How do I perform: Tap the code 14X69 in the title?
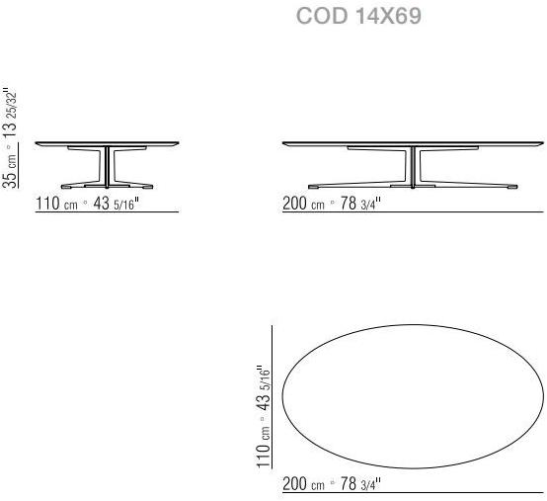click(387, 18)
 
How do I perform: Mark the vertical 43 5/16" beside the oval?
click(264, 389)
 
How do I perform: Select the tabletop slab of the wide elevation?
click(413, 144)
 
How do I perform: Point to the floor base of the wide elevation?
click(414, 185)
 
